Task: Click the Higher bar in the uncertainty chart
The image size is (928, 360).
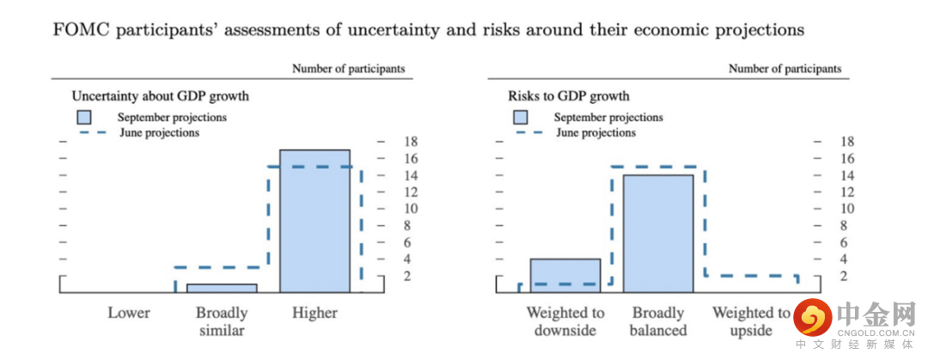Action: pyautogui.click(x=314, y=221)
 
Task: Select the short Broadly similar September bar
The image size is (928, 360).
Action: pyautogui.click(x=222, y=288)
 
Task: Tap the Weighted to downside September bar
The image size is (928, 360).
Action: pyautogui.click(x=565, y=275)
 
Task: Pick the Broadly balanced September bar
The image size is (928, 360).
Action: pyautogui.click(x=658, y=233)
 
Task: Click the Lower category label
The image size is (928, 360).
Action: pyautogui.click(x=129, y=313)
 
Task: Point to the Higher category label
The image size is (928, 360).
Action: pyautogui.click(x=314, y=313)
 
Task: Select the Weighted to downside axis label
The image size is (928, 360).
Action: pyautogui.click(x=565, y=321)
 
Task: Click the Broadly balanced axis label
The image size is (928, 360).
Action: pyautogui.click(x=658, y=321)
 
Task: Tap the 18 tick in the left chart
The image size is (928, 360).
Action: pyautogui.click(x=411, y=142)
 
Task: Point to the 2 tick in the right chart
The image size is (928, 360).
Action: pyautogui.click(x=847, y=276)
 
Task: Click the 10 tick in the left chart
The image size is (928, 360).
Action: pyautogui.click(x=411, y=209)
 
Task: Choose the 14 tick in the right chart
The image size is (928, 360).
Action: pyautogui.click(x=847, y=175)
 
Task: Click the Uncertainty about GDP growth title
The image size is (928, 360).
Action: pyautogui.click(x=160, y=96)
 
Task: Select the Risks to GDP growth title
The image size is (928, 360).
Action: pyautogui.click(x=569, y=96)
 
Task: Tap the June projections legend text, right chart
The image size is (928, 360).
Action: pyautogui.click(x=595, y=133)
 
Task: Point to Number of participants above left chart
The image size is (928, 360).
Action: pyautogui.click(x=348, y=69)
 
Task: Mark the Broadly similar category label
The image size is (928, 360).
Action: pyautogui.click(x=222, y=321)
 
